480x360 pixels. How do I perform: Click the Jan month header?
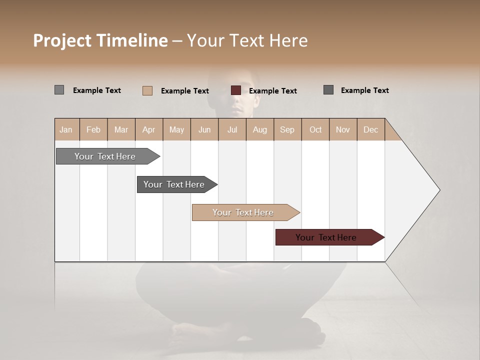point(66,129)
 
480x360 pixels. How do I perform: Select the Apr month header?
point(148,129)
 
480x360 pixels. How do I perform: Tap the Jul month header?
point(232,129)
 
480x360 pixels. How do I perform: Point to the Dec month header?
point(370,129)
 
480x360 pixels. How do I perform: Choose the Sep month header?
point(287,129)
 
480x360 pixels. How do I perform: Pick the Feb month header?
point(93,129)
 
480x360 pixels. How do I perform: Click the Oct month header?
point(315,129)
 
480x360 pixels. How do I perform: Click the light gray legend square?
point(59,90)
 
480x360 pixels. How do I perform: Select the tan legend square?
point(147,90)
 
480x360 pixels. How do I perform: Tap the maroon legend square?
point(236,90)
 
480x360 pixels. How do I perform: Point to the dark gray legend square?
point(328,90)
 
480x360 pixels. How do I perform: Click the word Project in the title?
point(62,40)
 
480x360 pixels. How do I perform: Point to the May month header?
point(176,129)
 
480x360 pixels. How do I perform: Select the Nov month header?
point(343,129)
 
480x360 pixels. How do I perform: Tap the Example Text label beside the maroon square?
point(273,91)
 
